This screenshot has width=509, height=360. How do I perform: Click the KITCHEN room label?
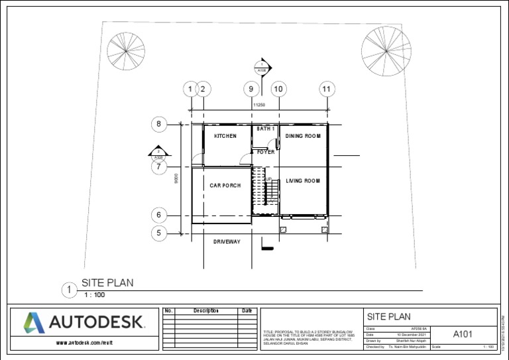225,136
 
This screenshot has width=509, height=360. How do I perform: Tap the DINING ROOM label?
302,136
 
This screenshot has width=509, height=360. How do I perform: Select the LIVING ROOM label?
302,180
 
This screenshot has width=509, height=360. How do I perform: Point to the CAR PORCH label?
225,186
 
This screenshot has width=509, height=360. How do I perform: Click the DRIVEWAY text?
227,241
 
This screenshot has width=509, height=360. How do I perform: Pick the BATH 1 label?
265,128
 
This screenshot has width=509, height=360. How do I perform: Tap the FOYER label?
265,152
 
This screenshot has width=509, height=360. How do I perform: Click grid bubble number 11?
326,88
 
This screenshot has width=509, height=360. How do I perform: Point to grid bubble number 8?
158,123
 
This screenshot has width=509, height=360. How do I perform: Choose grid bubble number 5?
158,233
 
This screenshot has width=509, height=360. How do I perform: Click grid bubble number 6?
158,215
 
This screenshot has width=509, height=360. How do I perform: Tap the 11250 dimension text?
259,105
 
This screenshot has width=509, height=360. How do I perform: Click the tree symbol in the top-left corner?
126,51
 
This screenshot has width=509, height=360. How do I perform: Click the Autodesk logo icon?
34,323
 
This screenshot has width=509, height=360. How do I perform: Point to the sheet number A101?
463,334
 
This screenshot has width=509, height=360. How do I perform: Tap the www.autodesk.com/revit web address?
82,343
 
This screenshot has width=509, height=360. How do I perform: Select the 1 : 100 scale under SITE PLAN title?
95,294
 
